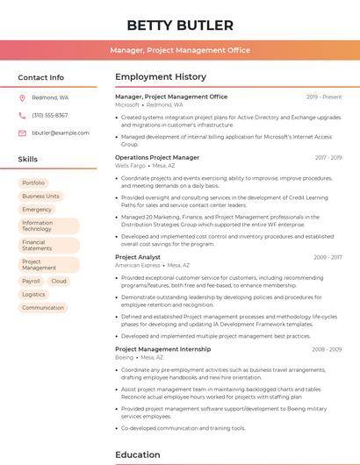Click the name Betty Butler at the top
[180, 25]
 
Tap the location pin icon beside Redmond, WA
[22, 98]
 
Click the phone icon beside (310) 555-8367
[22, 116]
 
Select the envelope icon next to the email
[22, 133]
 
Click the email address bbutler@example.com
[61, 133]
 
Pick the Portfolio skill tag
[33, 183]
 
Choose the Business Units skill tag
[41, 197]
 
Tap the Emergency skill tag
[37, 210]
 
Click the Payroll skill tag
[31, 282]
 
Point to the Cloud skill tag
[59, 282]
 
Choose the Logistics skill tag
[33, 295]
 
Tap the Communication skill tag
[43, 308]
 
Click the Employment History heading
[161, 77]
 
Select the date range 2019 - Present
[324, 97]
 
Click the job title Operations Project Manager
[157, 158]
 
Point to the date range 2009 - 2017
[328, 258]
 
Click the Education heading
[138, 455]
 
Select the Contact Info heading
[41, 77]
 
